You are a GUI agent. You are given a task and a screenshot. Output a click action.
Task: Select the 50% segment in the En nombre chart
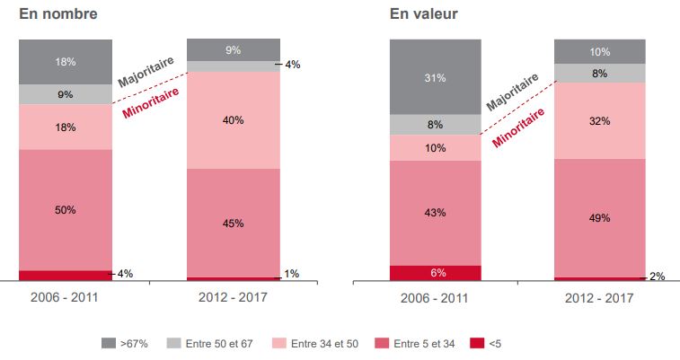66,210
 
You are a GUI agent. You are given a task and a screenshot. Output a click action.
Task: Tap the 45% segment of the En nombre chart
233,224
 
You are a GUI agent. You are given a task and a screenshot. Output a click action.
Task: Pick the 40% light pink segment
233,120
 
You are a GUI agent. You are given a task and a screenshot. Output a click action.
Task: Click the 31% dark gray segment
436,77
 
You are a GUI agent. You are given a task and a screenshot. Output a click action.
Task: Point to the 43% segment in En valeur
436,212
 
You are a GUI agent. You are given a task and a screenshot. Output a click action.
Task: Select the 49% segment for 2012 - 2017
600,218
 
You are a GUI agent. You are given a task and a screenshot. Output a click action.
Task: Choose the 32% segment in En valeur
600,120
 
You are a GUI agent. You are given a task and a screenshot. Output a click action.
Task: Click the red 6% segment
436,273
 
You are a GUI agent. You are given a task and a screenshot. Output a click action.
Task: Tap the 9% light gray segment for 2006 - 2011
66,94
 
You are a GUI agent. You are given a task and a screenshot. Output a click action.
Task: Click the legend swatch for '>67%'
108,343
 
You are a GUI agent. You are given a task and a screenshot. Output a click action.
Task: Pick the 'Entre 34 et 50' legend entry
319,343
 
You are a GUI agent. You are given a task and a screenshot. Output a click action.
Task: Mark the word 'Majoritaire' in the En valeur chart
513,92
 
